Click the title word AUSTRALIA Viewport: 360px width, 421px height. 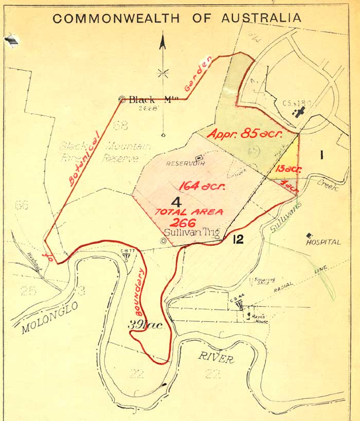pyautogui.click(x=261, y=18)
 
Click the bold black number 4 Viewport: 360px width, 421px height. pyautogui.click(x=176, y=202)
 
